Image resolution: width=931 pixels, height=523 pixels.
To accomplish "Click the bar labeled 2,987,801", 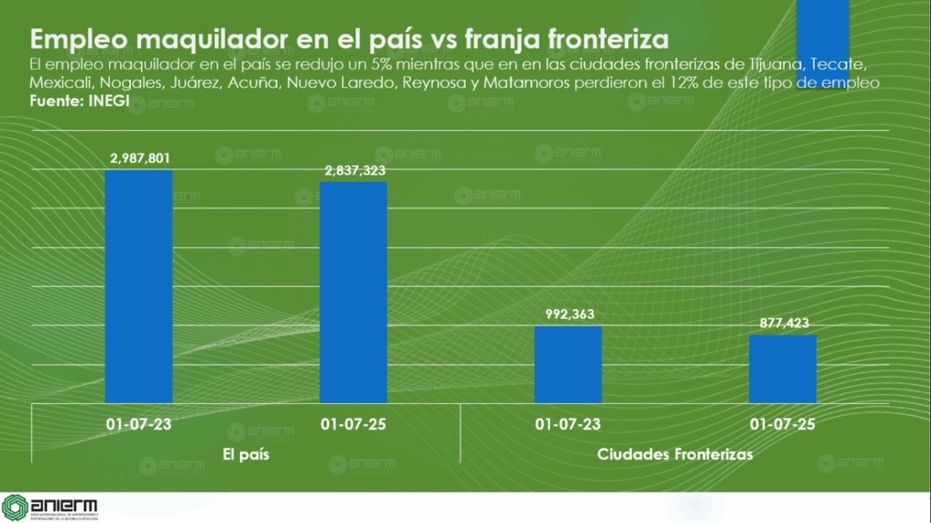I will pyautogui.click(x=139, y=287).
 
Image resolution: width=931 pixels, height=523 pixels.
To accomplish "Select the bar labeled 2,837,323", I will pyautogui.click(x=354, y=292).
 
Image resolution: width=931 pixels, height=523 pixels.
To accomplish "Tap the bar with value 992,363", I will pyautogui.click(x=568, y=364).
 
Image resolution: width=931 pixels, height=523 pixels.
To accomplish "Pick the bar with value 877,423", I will pyautogui.click(x=783, y=368).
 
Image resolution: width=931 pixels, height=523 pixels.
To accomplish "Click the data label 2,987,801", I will pyautogui.click(x=139, y=158).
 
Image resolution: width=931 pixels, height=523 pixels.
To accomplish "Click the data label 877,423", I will pyautogui.click(x=783, y=323).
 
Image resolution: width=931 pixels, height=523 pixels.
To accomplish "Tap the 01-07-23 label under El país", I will pyautogui.click(x=139, y=424).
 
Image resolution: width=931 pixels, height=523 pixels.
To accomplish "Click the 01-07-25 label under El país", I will pyautogui.click(x=354, y=424).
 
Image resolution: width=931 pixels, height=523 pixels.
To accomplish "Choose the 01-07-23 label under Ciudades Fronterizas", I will pyautogui.click(x=568, y=424).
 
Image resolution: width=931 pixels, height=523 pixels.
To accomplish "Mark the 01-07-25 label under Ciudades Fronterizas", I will pyautogui.click(x=783, y=424).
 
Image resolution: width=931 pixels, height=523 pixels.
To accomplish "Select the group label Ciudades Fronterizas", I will pyautogui.click(x=675, y=454).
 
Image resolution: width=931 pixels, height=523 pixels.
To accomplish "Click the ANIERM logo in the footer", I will pyautogui.click(x=50, y=508).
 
